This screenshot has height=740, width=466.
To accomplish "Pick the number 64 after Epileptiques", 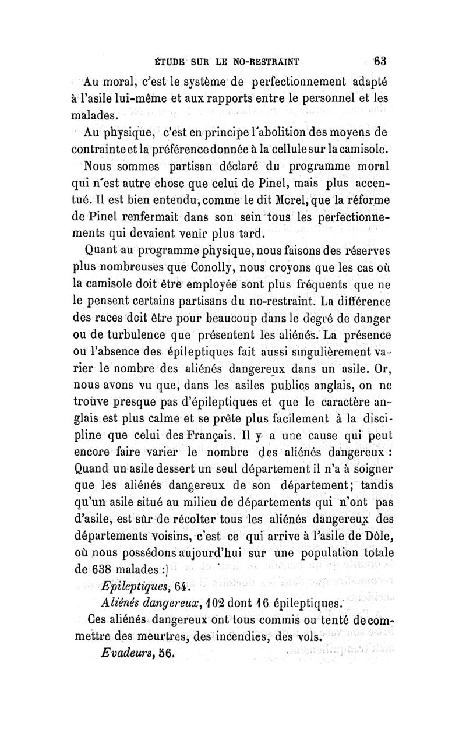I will click(x=174, y=585).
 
